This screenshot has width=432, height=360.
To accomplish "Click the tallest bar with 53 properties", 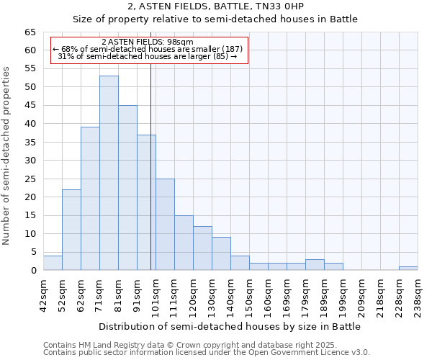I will (x=109, y=173).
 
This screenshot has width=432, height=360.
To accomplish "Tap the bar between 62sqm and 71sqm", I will (x=90, y=199).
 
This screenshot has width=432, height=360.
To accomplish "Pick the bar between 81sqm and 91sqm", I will (x=127, y=188).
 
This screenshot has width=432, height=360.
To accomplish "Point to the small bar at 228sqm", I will (x=408, y=269).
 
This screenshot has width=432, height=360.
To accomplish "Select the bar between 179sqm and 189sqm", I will (x=315, y=265).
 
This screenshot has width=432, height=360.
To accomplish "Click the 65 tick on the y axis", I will (x=30, y=32).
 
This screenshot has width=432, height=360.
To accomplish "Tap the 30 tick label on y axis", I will (x=30, y=161).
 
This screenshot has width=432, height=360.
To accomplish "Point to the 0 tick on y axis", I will (x=33, y=271).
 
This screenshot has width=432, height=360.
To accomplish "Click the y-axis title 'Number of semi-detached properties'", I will (x=7, y=156).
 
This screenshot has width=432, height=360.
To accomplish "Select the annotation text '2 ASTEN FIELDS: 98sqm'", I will (x=148, y=42).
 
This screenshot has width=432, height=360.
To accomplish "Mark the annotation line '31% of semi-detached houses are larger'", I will (x=148, y=56).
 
